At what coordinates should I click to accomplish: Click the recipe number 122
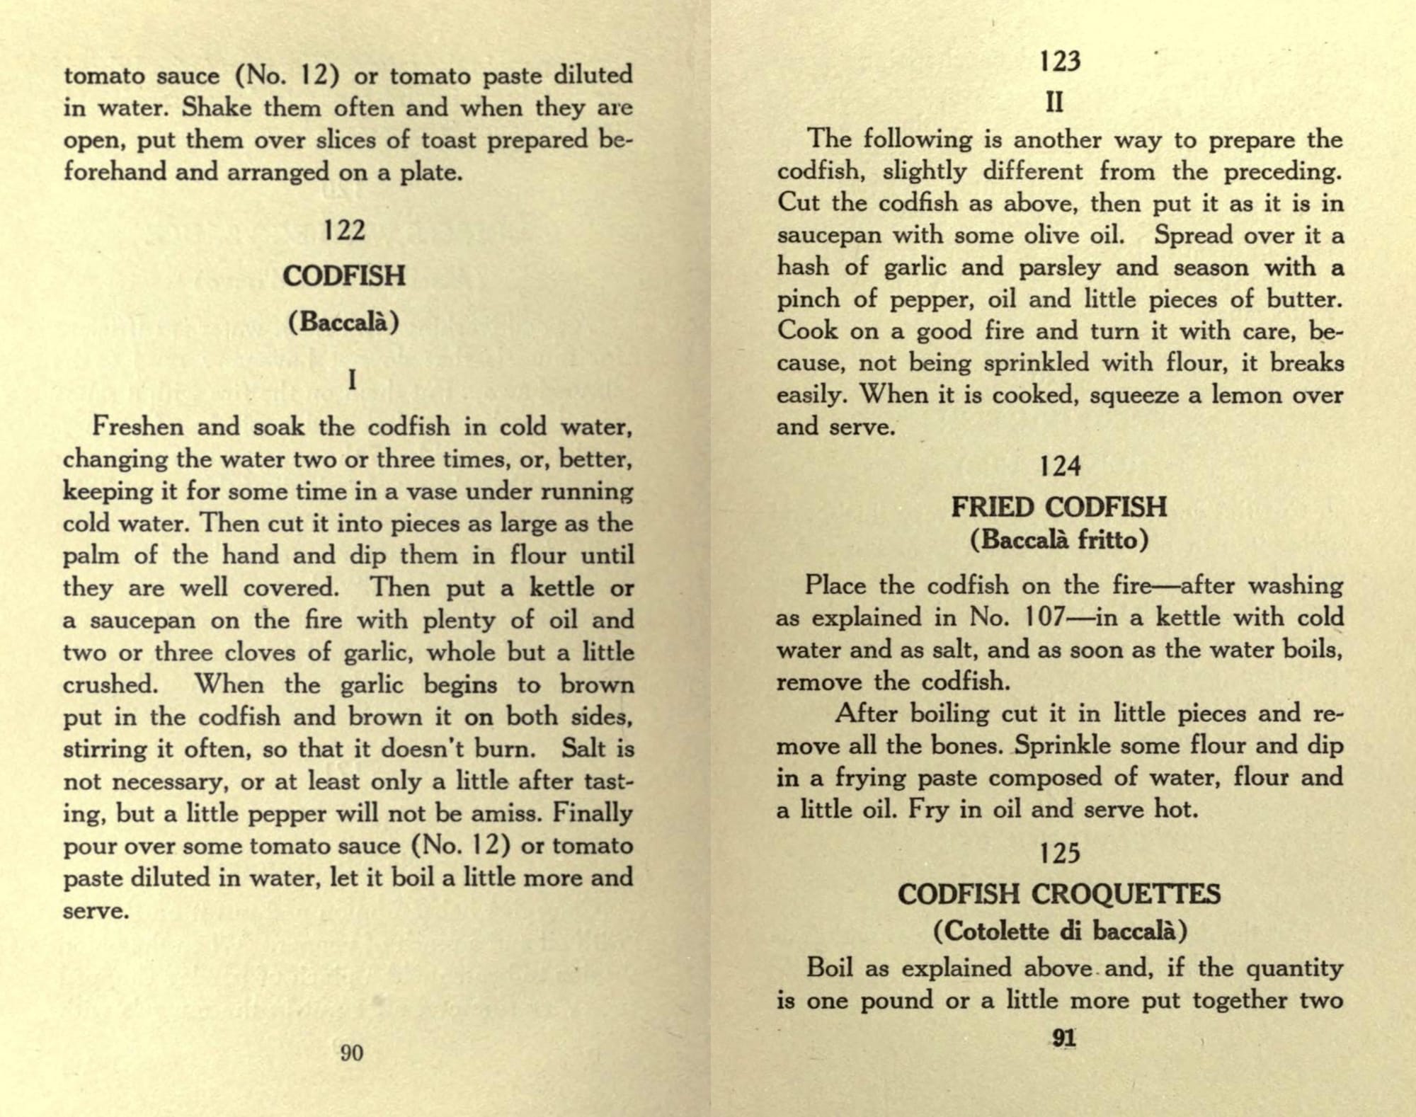344,231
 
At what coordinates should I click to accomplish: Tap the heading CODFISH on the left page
344,275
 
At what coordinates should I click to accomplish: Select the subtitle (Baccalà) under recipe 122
344,321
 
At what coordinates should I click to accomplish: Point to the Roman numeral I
352,381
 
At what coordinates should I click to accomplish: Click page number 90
352,1053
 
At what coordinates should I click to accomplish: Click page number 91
1064,1038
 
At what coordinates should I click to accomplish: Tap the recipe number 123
1061,62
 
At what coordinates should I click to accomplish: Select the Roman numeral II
1055,103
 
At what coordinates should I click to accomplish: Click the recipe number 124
1061,466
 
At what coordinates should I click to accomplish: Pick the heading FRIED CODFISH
1059,507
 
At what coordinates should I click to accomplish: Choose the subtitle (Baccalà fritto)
1059,541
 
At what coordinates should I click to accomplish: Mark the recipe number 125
1060,854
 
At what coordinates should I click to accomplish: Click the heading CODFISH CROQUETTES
1059,894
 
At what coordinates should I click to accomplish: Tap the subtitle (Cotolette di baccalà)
1060,930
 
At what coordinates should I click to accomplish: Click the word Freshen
138,427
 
